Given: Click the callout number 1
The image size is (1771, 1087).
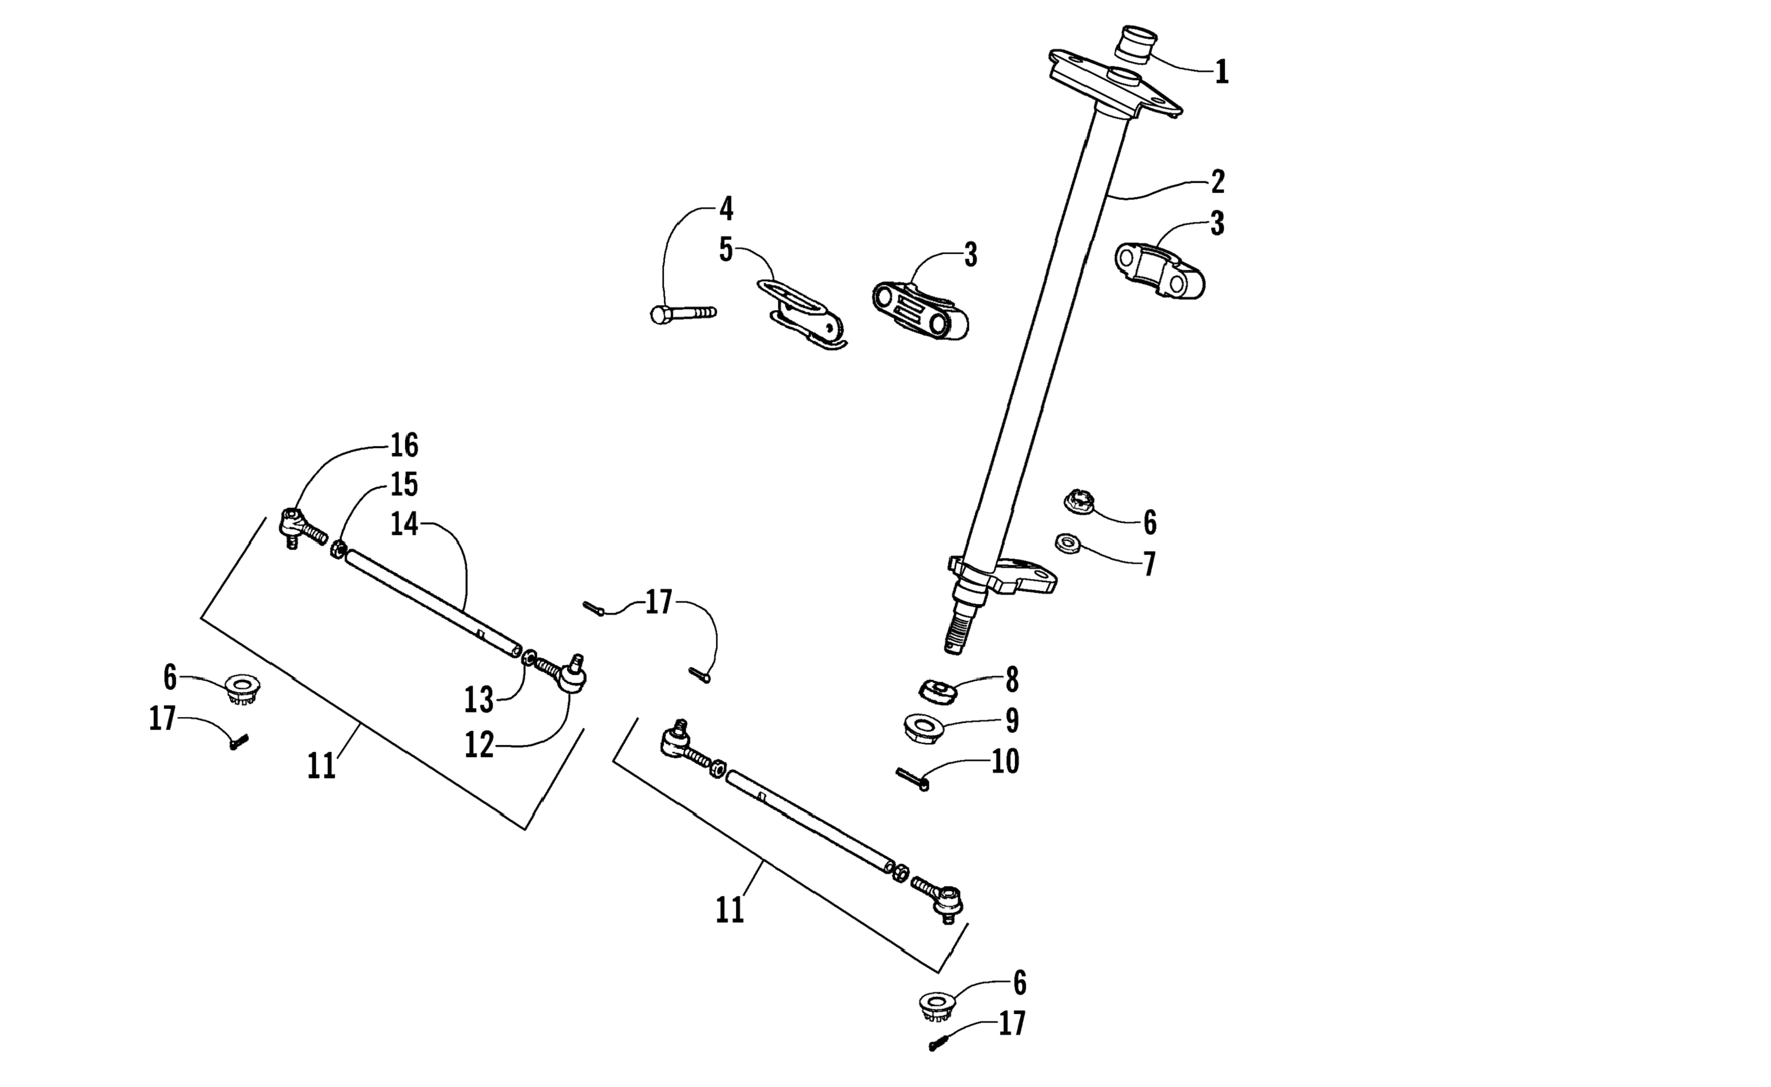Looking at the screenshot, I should (x=1221, y=73).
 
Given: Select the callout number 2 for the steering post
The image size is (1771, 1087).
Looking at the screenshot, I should (x=1217, y=182).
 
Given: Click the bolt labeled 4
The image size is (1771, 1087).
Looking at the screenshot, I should (x=682, y=313).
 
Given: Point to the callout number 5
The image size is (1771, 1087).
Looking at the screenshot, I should (x=726, y=250).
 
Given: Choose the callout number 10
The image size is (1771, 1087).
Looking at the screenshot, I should (x=1005, y=761).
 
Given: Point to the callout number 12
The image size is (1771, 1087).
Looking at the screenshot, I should (x=479, y=745).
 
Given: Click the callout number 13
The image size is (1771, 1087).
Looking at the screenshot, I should (x=479, y=700).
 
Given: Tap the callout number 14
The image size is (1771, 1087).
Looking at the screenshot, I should (x=404, y=524).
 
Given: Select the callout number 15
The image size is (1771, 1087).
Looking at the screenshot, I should (x=404, y=485).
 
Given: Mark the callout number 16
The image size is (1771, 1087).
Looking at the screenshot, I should (x=404, y=446).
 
